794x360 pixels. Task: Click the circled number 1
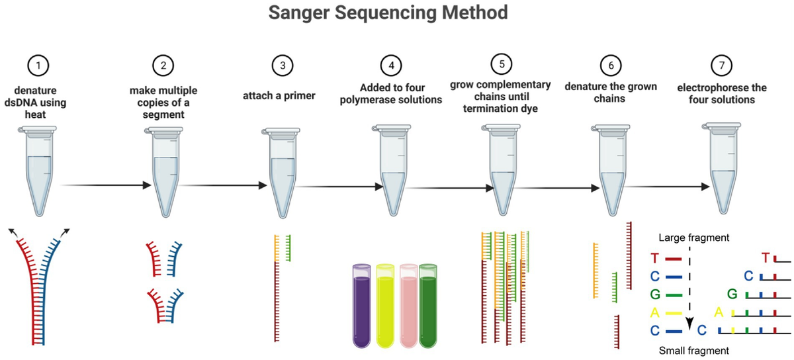[38, 66]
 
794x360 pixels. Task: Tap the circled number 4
[391, 66]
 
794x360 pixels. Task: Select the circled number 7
[722, 66]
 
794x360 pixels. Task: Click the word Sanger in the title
[299, 13]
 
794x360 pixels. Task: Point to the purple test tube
[361, 305]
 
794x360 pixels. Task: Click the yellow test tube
[385, 305]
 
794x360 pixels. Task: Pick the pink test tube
[408, 305]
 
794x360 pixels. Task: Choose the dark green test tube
[428, 305]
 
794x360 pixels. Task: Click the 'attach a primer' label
[279, 96]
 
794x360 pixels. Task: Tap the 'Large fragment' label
[693, 238]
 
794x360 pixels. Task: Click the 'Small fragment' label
[693, 351]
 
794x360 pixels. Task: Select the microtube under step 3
[281, 173]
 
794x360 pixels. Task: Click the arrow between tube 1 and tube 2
[106, 185]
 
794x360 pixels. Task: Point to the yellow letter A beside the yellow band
[654, 313]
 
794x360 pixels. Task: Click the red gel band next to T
[673, 259]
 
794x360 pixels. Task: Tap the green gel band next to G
[674, 295]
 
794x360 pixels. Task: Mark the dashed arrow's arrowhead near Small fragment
[689, 324]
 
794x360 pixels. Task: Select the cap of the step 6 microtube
[610, 128]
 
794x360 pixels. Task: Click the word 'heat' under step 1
[36, 114]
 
